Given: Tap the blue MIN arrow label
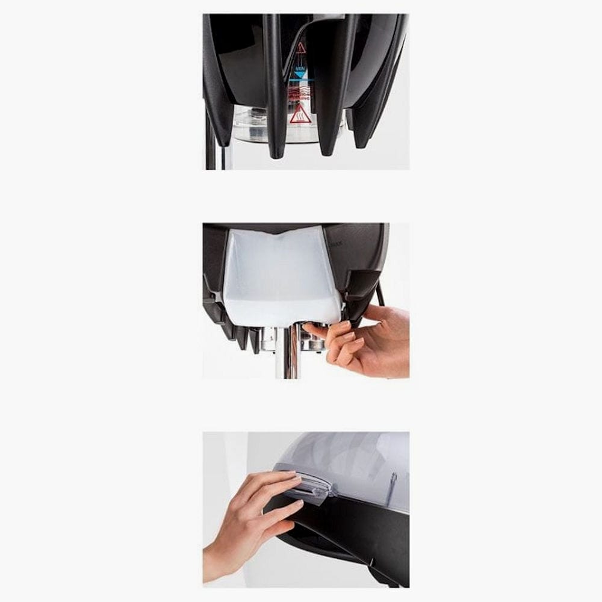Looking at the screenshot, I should (x=299, y=74).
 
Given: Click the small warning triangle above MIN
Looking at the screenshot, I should (x=300, y=47).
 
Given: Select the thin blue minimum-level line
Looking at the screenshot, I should (x=299, y=81).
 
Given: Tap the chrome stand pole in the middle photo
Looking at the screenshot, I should (x=288, y=355).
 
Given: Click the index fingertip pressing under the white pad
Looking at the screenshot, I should (x=308, y=329).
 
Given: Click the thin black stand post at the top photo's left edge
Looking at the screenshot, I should (x=210, y=144).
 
